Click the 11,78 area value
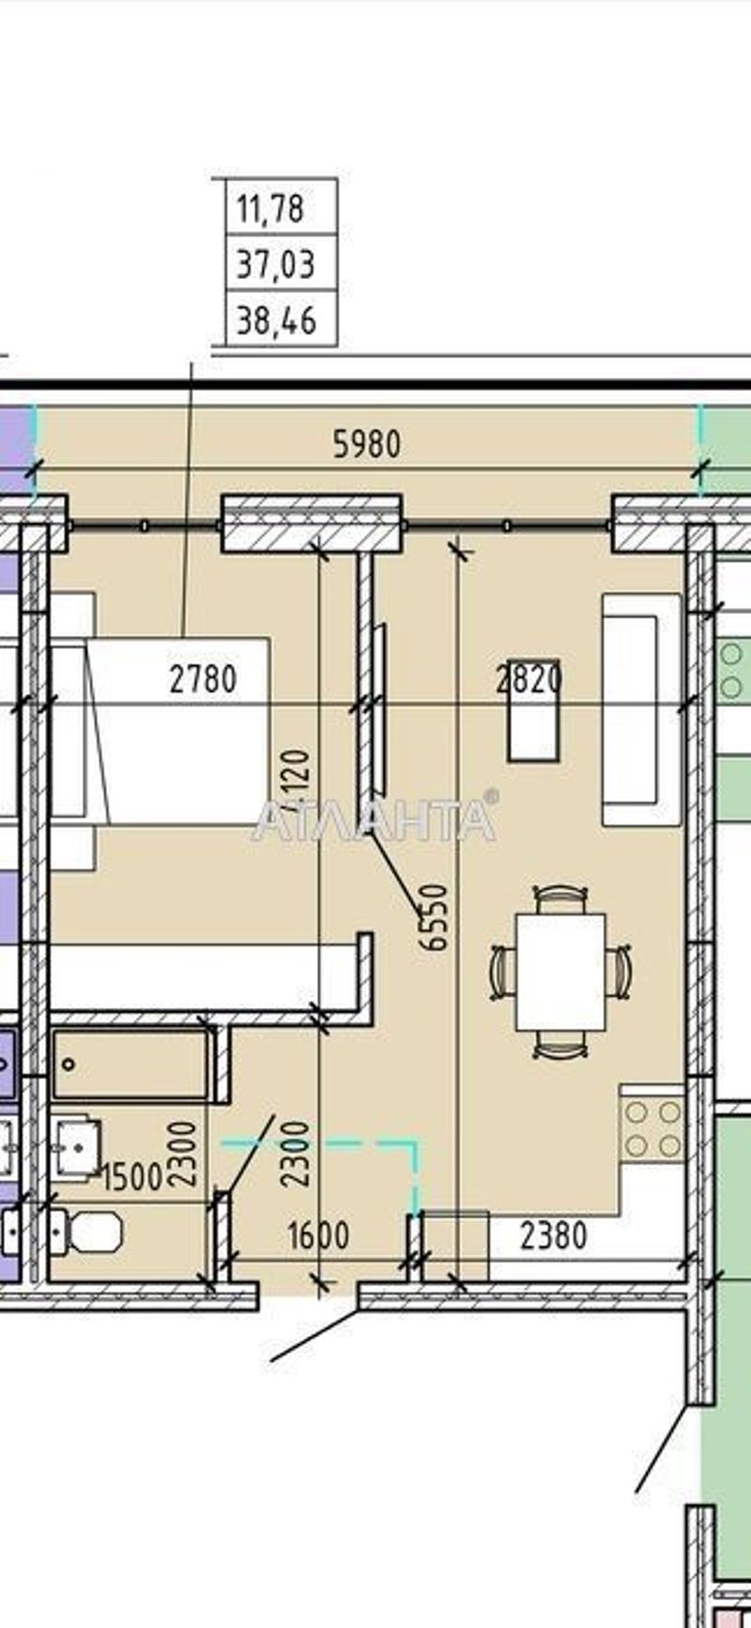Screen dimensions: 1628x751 [270, 208]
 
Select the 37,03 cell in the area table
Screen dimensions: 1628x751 [275, 264]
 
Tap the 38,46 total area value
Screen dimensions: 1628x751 [276, 321]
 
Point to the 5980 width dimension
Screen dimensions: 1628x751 [367, 443]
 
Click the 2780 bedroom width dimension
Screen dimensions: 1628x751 [203, 677]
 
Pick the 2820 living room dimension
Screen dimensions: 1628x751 [529, 677]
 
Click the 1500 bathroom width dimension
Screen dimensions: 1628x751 [131, 1176]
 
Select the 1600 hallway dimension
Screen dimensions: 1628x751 [318, 1234]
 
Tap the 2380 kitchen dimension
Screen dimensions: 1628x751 [553, 1234]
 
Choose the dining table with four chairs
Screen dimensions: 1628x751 [560, 971]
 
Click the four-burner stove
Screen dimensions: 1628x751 [652, 1129]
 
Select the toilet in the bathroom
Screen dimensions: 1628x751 [89, 1231]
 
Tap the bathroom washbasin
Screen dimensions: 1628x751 [77, 1146]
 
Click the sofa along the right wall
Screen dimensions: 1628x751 [641, 709]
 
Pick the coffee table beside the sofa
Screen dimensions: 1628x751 [533, 709]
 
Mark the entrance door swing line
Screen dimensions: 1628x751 [314, 1334]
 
